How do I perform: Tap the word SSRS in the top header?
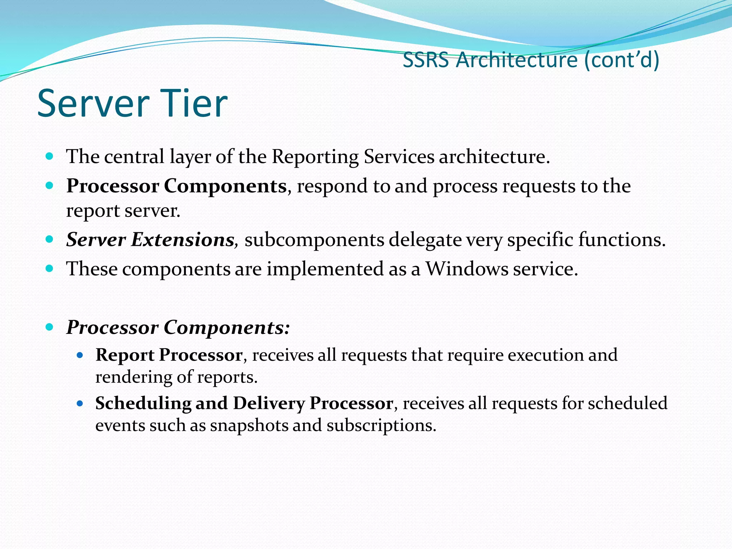[426, 60]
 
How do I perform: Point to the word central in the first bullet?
[134, 157]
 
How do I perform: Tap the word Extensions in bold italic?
[182, 239]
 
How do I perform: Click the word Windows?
[467, 269]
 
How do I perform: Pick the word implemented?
[325, 269]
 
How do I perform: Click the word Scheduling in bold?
[143, 404]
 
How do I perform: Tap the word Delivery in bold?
[269, 404]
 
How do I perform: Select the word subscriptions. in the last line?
[381, 426]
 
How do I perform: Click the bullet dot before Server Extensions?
[50, 239]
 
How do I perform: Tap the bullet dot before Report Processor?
[80, 355]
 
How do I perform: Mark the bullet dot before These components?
[50, 268]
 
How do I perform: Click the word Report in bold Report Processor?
[125, 355]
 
